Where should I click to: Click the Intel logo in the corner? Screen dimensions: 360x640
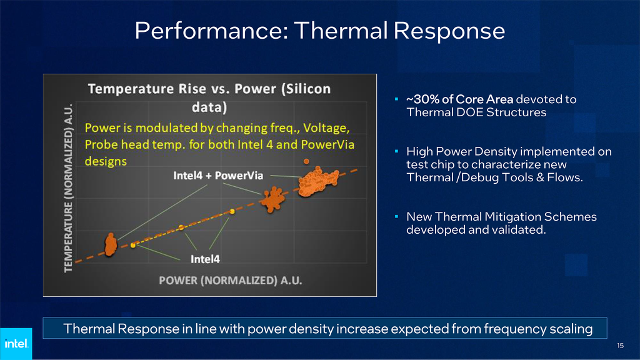click(x=15, y=343)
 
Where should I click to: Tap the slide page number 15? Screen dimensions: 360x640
click(x=620, y=346)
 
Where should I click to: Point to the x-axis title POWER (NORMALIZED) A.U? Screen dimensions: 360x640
click(x=231, y=280)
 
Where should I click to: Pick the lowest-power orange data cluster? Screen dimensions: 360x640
click(x=110, y=244)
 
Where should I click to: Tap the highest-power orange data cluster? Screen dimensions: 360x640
click(x=317, y=181)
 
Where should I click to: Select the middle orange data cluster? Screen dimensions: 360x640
click(x=272, y=200)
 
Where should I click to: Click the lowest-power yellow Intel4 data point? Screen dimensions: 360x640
click(x=133, y=246)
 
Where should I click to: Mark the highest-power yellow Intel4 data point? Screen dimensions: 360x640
click(x=232, y=212)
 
